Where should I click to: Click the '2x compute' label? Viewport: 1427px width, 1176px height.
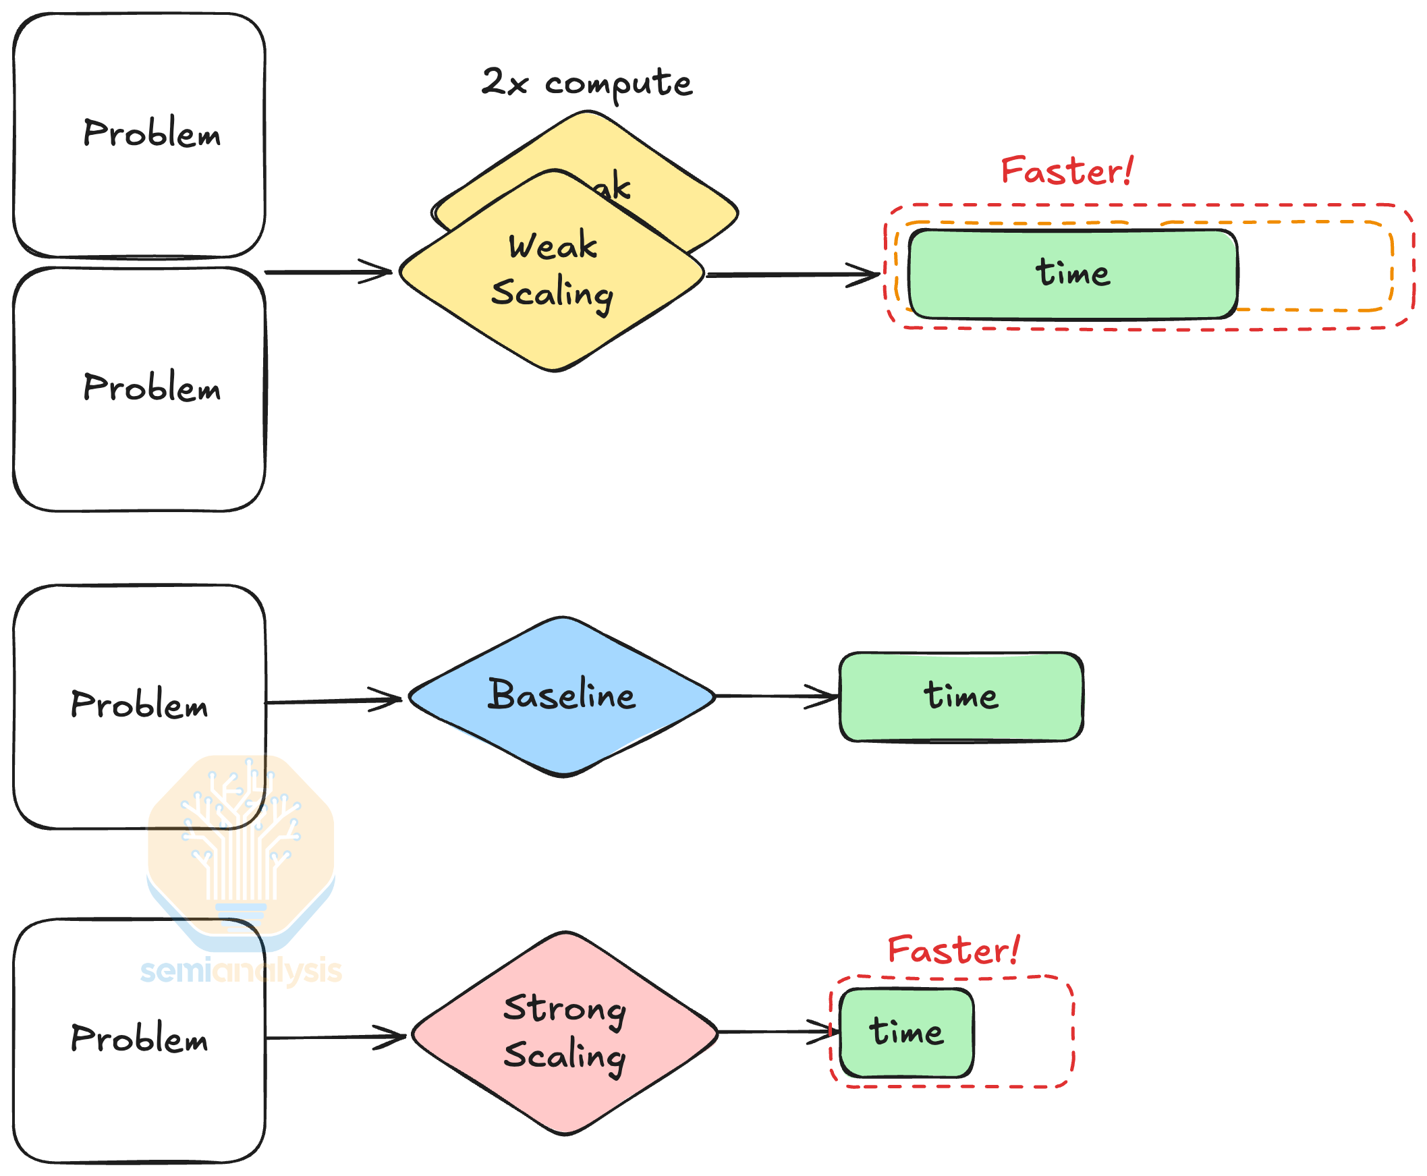[586, 84]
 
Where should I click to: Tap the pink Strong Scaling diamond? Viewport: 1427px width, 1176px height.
[564, 1032]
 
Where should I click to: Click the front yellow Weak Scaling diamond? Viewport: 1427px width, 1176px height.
[552, 271]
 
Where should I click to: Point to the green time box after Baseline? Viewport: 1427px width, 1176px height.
[960, 696]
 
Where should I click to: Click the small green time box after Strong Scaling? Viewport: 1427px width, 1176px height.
[906, 1032]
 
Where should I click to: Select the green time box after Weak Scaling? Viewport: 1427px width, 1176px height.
[1072, 274]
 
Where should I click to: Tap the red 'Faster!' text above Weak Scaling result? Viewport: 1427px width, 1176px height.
[1066, 171]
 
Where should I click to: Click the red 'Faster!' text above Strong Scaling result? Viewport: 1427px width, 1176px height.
[953, 951]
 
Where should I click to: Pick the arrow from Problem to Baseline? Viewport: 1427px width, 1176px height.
[332, 701]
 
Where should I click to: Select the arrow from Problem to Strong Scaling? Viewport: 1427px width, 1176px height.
[335, 1037]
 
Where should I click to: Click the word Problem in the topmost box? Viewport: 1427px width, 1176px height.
[152, 133]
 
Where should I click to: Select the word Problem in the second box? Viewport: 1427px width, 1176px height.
[152, 387]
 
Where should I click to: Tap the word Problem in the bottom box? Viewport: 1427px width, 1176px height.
[139, 1038]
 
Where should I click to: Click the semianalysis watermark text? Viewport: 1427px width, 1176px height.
[240, 972]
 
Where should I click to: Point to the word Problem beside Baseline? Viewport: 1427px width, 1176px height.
[139, 704]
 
